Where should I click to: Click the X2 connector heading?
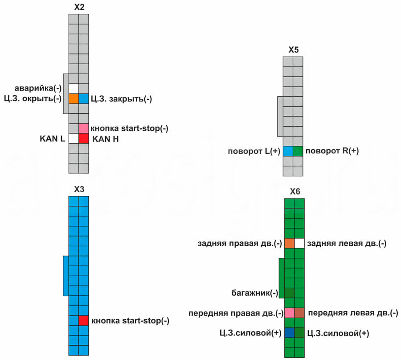pos(78,7)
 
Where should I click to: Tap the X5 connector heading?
pos(293,50)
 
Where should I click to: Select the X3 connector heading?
pos(78,189)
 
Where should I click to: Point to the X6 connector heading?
pos(295,192)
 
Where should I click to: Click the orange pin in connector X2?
pos(74,99)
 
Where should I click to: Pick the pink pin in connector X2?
pos(84,128)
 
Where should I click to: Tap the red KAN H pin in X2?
pos(84,139)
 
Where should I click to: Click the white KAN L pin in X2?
pos(74,139)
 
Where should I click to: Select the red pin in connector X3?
pos(84,320)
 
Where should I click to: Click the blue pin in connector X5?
pos(288,151)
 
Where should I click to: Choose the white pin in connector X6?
pos(299,243)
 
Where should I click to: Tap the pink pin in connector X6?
pos(289,313)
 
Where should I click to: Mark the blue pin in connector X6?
pos(289,333)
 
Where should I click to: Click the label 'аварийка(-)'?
pos(42,88)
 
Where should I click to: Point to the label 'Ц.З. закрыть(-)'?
pos(121,99)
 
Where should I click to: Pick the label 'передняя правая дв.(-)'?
pos(236,313)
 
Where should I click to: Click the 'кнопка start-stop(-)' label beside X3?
pos(130,321)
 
